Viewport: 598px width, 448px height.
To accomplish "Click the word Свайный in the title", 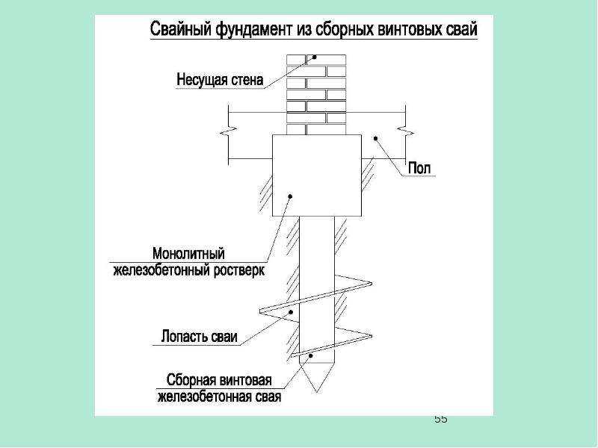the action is [x=181, y=29].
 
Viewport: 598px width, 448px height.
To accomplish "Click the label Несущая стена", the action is [x=220, y=80].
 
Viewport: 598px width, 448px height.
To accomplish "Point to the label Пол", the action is [x=419, y=168].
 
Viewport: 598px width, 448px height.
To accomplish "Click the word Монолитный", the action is [x=189, y=254].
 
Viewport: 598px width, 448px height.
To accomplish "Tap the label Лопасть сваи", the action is [x=199, y=337].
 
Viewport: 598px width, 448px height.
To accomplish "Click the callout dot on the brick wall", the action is [x=315, y=57].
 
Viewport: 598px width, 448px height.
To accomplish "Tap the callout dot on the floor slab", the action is [x=375, y=139].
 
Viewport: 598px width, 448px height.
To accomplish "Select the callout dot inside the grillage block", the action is [x=290, y=196].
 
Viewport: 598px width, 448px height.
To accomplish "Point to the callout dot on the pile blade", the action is [x=291, y=312].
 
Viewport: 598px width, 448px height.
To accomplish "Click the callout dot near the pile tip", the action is [x=311, y=356].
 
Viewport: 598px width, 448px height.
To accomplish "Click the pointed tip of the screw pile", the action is [x=316, y=391].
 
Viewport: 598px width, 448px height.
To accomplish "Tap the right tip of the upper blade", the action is [x=371, y=284].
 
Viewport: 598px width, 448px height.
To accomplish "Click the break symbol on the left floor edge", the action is [x=229, y=133].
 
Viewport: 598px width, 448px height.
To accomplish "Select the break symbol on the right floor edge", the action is [x=405, y=133].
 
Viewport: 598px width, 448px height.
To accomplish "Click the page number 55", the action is [x=440, y=420].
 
